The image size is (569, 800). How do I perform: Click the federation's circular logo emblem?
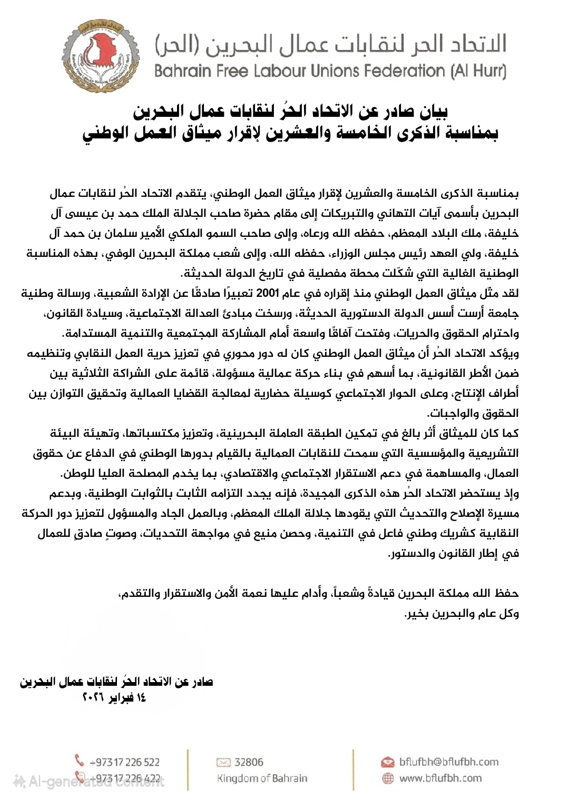[101, 56]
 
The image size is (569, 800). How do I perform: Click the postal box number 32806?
[249, 762]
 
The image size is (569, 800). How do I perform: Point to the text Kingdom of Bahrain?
[262, 778]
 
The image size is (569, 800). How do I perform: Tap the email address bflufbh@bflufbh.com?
[448, 762]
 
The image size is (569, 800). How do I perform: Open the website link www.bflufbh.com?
[440, 778]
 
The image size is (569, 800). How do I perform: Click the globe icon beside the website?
[388, 778]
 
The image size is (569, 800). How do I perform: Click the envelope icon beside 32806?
[223, 762]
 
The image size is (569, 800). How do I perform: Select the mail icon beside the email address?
[388, 762]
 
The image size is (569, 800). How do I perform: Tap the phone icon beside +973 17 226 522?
[80, 761]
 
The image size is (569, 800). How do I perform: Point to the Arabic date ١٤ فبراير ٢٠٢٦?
[114, 698]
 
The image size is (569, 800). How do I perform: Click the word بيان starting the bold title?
[434, 112]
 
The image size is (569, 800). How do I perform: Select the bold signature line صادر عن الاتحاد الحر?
[116, 682]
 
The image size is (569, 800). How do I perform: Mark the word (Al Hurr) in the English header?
[478, 71]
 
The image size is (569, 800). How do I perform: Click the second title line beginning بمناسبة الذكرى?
[290, 133]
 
